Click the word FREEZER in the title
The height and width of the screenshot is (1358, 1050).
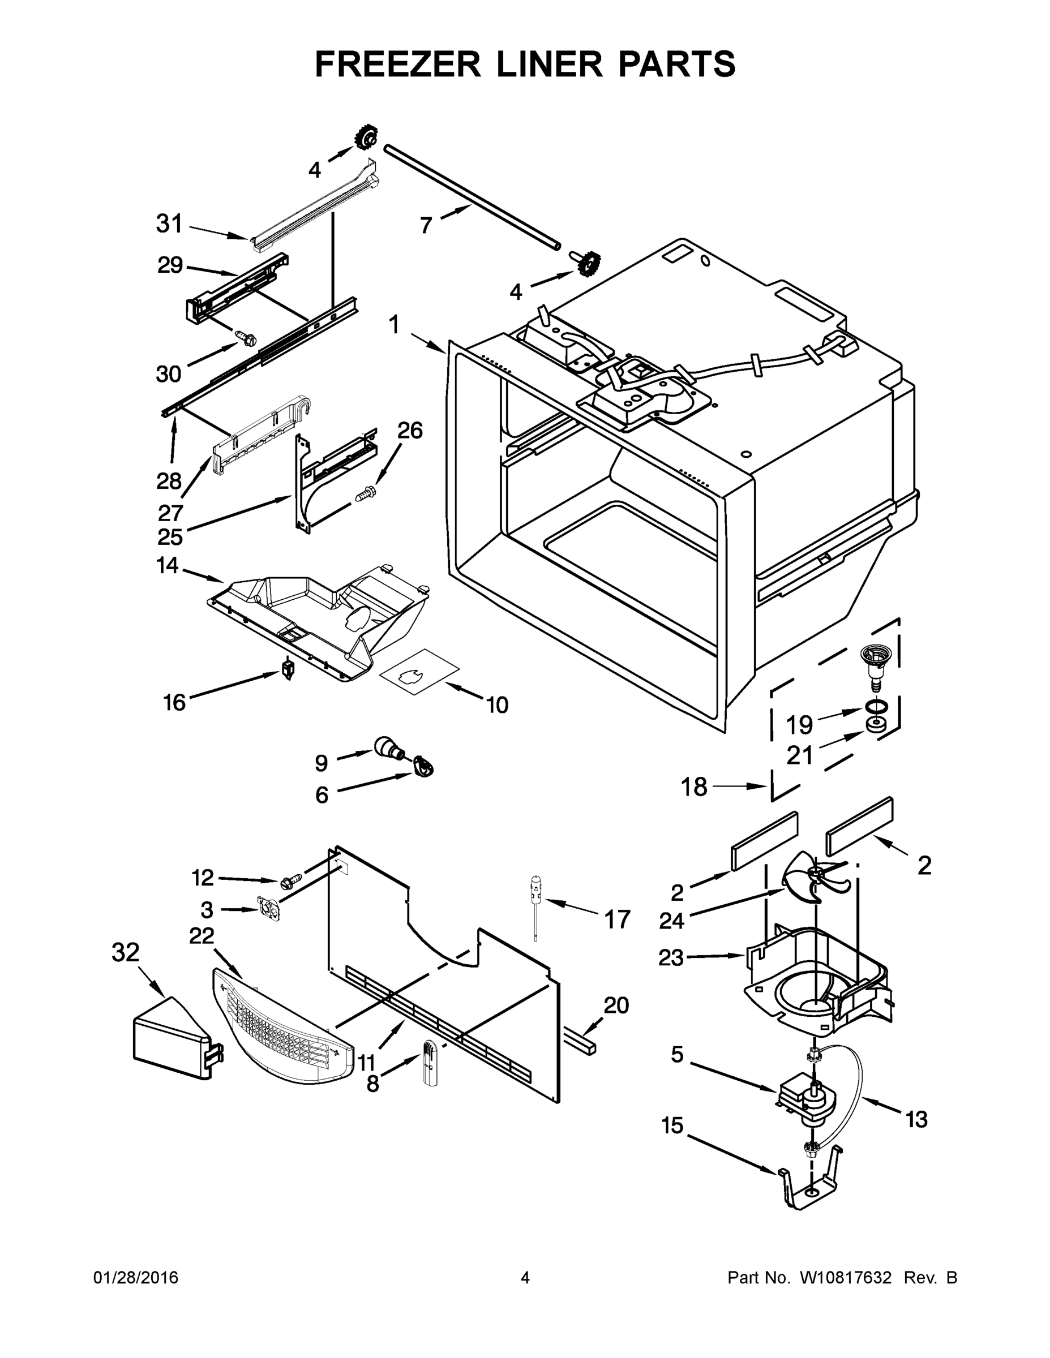click(397, 64)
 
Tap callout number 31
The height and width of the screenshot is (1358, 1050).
click(169, 224)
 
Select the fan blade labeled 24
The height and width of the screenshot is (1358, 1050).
click(812, 876)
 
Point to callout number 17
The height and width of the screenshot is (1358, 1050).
click(617, 919)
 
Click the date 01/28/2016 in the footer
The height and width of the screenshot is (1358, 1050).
click(136, 1278)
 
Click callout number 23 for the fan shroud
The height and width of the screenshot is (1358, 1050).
click(671, 957)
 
